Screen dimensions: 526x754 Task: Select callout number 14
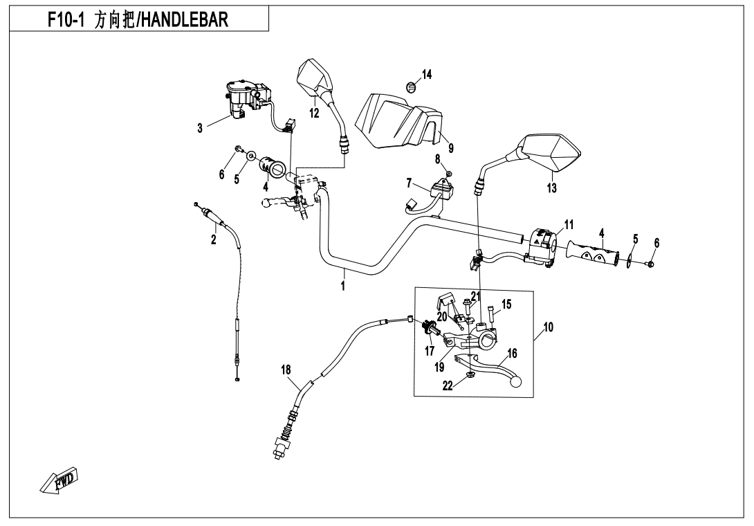coord(427,75)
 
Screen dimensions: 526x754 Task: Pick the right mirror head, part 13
coord(553,152)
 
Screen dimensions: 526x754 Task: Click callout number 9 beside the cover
coord(451,147)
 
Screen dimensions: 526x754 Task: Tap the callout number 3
coord(200,127)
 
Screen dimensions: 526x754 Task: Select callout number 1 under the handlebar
coord(344,285)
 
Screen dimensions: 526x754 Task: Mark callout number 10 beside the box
coord(548,328)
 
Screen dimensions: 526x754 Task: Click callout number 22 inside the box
coord(448,386)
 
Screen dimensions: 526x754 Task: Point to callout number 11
coord(569,224)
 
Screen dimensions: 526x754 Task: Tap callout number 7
coord(409,183)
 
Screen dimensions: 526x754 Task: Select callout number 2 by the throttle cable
coord(214,240)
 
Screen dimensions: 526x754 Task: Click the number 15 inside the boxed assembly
coord(506,304)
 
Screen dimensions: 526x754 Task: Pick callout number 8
coord(438,158)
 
